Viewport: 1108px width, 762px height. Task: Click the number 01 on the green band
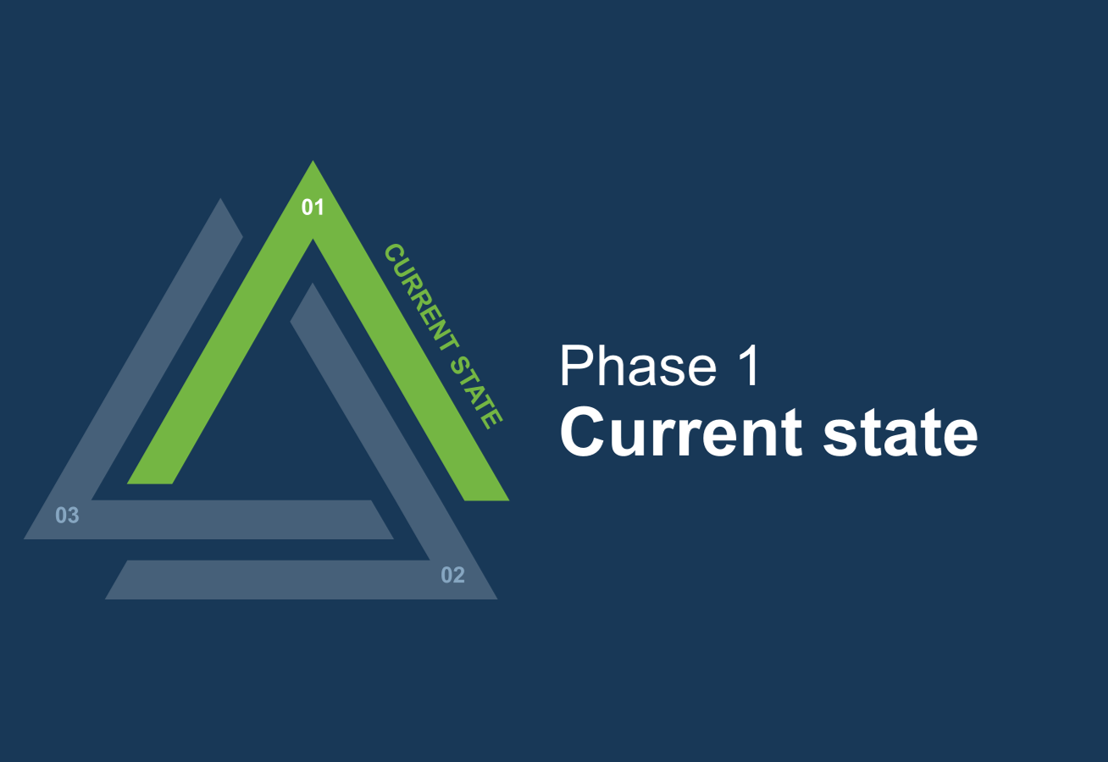[x=313, y=207]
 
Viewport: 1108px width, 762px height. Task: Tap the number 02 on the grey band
[x=452, y=575]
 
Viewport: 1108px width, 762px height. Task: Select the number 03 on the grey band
[x=67, y=516]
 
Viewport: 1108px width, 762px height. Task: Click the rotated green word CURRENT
[x=422, y=297]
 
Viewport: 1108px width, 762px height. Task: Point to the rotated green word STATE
[x=476, y=391]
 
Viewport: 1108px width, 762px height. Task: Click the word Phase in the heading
[x=638, y=367]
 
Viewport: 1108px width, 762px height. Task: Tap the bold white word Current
[x=680, y=432]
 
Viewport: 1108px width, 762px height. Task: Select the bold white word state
[x=900, y=433]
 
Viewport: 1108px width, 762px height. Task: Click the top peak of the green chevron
[x=313, y=161]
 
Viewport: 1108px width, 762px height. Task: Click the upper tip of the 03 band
[x=220, y=199]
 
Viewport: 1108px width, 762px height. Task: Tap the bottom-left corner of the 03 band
[x=25, y=539]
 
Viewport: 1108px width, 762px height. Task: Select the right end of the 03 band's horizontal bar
[x=393, y=539]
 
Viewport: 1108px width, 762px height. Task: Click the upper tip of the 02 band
[x=312, y=284]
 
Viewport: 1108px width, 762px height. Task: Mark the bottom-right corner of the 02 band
[x=496, y=599]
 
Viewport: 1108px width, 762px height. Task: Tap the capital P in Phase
[x=574, y=366]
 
